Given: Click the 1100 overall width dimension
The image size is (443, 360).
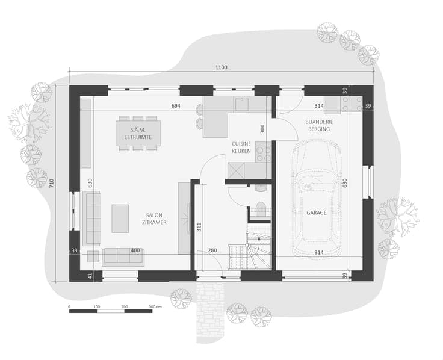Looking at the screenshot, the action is point(221,67).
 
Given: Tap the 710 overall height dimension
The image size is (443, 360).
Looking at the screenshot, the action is point(51,184).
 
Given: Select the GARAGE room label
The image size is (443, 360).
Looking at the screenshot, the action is point(317,213).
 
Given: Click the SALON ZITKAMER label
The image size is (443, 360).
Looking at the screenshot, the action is point(154,219).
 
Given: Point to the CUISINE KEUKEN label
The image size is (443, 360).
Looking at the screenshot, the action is point(241,147).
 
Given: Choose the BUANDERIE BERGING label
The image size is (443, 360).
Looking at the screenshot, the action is point(319,125).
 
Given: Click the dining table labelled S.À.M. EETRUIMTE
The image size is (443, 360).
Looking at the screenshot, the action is point(138,134).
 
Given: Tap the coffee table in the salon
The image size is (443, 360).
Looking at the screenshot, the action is point(120,219).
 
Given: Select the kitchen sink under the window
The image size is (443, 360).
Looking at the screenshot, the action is point(242,104).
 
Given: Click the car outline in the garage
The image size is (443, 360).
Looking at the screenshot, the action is point(317,198).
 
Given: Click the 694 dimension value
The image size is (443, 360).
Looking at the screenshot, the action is point(176,106).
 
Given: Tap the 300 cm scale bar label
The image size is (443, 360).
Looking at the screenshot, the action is point(155,306).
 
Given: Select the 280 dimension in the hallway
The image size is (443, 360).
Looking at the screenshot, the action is point(212,250).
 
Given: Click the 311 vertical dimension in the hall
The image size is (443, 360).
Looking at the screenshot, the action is point(199,227).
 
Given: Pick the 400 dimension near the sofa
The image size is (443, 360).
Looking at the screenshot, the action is point(135,250).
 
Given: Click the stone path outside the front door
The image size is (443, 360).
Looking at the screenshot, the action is point(211,311).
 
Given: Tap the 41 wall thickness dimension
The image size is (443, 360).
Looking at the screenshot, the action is point(90,276).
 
